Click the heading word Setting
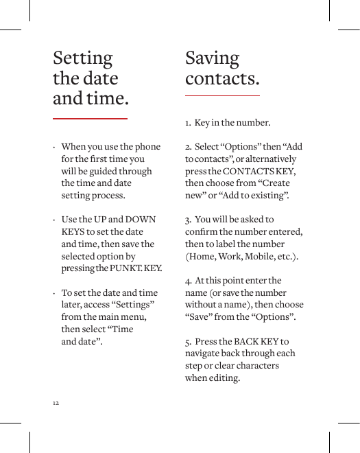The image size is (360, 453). point(83,58)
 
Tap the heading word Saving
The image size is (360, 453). point(213,58)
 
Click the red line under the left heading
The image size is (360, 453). point(91,119)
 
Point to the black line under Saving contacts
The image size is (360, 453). point(222,95)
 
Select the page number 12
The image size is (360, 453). point(56,402)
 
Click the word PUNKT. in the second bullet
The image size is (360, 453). point(123,268)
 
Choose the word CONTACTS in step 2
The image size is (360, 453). point(250,172)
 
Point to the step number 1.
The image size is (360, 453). point(187,124)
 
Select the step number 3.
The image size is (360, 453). point(187,220)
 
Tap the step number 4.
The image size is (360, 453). point(187,281)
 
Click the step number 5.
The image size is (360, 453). point(187,342)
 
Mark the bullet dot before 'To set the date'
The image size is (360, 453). point(53,293)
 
